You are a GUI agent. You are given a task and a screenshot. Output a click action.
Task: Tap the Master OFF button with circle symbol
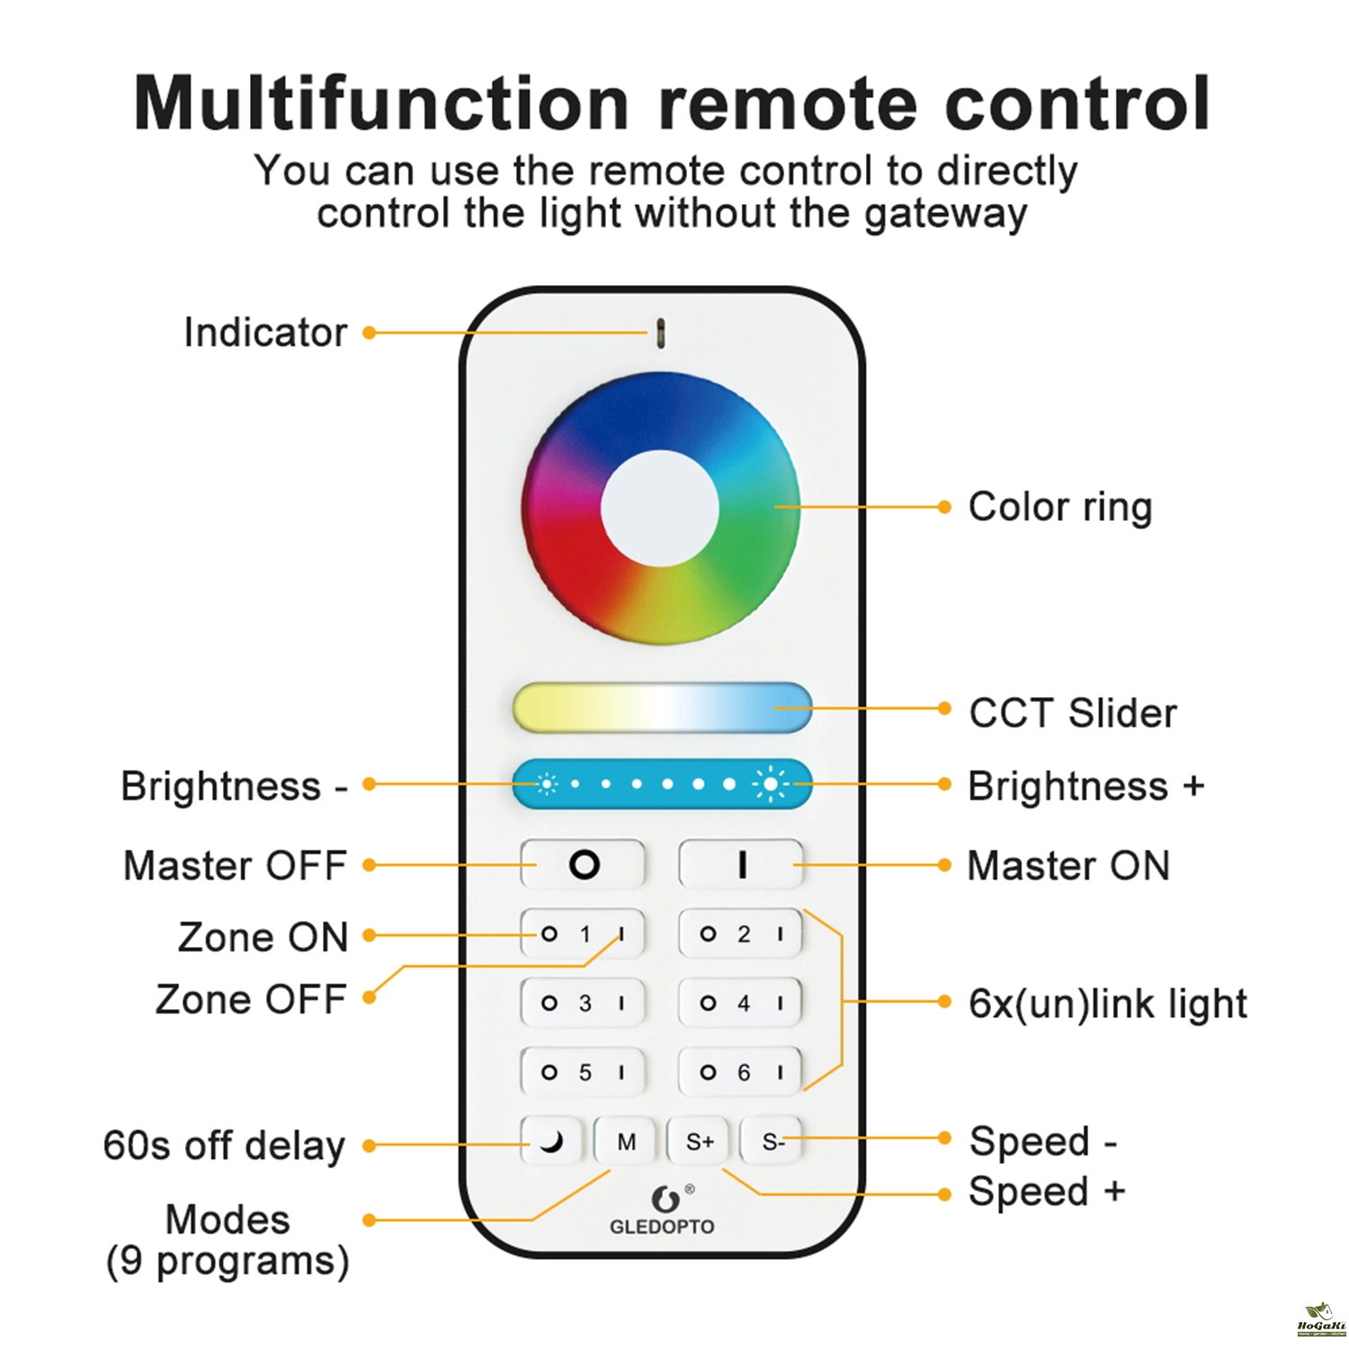[x=584, y=864]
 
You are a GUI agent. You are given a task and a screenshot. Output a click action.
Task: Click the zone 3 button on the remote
[x=584, y=1003]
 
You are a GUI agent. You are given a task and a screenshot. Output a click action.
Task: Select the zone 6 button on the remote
[x=741, y=1072]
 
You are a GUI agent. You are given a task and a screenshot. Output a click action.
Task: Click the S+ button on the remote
[x=699, y=1141]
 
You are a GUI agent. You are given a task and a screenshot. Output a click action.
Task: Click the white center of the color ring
[x=660, y=508]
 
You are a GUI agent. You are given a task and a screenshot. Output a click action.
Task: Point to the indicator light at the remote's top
[x=661, y=333]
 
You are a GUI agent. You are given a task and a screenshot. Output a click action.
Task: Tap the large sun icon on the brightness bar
[x=771, y=784]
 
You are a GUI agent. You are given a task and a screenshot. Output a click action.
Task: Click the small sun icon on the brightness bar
[x=546, y=784]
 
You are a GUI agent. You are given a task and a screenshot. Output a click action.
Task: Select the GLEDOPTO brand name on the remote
[x=662, y=1227]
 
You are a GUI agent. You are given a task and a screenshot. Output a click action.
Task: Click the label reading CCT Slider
[x=1072, y=713]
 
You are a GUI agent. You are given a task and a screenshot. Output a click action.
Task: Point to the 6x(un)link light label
[x=1107, y=1004]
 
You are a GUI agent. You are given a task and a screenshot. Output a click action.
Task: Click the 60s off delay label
[x=224, y=1146]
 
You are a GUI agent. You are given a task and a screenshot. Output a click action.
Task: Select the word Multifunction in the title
[x=381, y=104]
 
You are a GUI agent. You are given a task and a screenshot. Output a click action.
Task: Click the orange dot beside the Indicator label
[x=369, y=333]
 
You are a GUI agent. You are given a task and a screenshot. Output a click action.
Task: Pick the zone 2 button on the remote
[x=741, y=934]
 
